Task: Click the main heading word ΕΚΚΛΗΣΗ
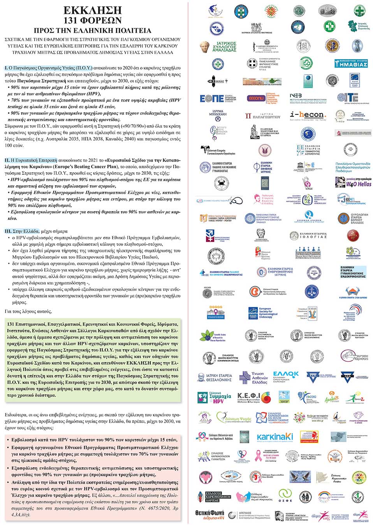93,10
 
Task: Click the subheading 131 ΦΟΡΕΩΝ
93,20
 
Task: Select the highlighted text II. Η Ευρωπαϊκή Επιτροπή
31,160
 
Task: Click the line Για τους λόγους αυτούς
28,311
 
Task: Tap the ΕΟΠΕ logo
217,98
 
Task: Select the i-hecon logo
307,115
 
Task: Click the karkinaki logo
274,437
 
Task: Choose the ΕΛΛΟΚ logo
286,376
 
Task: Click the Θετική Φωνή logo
209,514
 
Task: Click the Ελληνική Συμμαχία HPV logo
215,397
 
